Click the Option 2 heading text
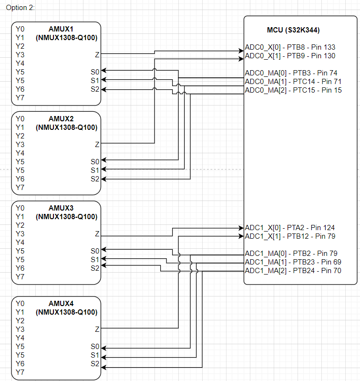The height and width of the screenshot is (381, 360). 21,8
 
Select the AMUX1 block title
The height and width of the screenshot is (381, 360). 66,29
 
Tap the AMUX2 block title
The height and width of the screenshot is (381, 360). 66,119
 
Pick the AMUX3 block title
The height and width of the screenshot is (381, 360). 66,208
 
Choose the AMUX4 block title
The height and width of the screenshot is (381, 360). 66,304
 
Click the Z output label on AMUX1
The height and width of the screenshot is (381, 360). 97,55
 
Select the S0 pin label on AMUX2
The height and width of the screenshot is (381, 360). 95,161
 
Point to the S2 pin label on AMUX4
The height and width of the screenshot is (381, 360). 95,364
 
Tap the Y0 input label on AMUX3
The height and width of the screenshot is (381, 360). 20,208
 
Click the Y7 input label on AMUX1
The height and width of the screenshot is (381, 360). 20,97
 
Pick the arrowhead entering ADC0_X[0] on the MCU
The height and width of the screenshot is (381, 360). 241,50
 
